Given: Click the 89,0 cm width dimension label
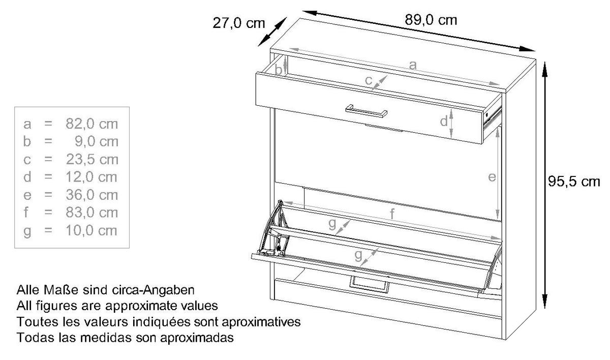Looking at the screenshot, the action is coord(431,20).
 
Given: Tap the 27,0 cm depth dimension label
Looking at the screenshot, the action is coord(238,23).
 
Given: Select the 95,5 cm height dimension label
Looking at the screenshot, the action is coord(574,182).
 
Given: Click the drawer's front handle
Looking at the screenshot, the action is coord(367,111).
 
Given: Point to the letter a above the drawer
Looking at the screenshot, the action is coord(413,66).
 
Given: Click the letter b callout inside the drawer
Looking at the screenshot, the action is coord(279,70).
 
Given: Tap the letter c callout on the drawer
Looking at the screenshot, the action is coord(369,80).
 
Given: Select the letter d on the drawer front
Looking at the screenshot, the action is coord(444,121).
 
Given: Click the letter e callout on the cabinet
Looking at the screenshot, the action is coord(492,177).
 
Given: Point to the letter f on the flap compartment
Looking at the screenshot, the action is coord(392,214).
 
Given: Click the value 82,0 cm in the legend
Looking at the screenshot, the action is coord(92,124).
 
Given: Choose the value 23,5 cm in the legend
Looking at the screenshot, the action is coord(92,159).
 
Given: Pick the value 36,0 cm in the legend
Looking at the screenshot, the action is coord(92,195).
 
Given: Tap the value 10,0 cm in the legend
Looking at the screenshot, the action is coord(91,230).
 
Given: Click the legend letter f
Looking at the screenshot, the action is coord(26,212).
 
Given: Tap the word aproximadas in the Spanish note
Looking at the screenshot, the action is coord(197,338).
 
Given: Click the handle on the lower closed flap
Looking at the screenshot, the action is coord(370,284).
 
